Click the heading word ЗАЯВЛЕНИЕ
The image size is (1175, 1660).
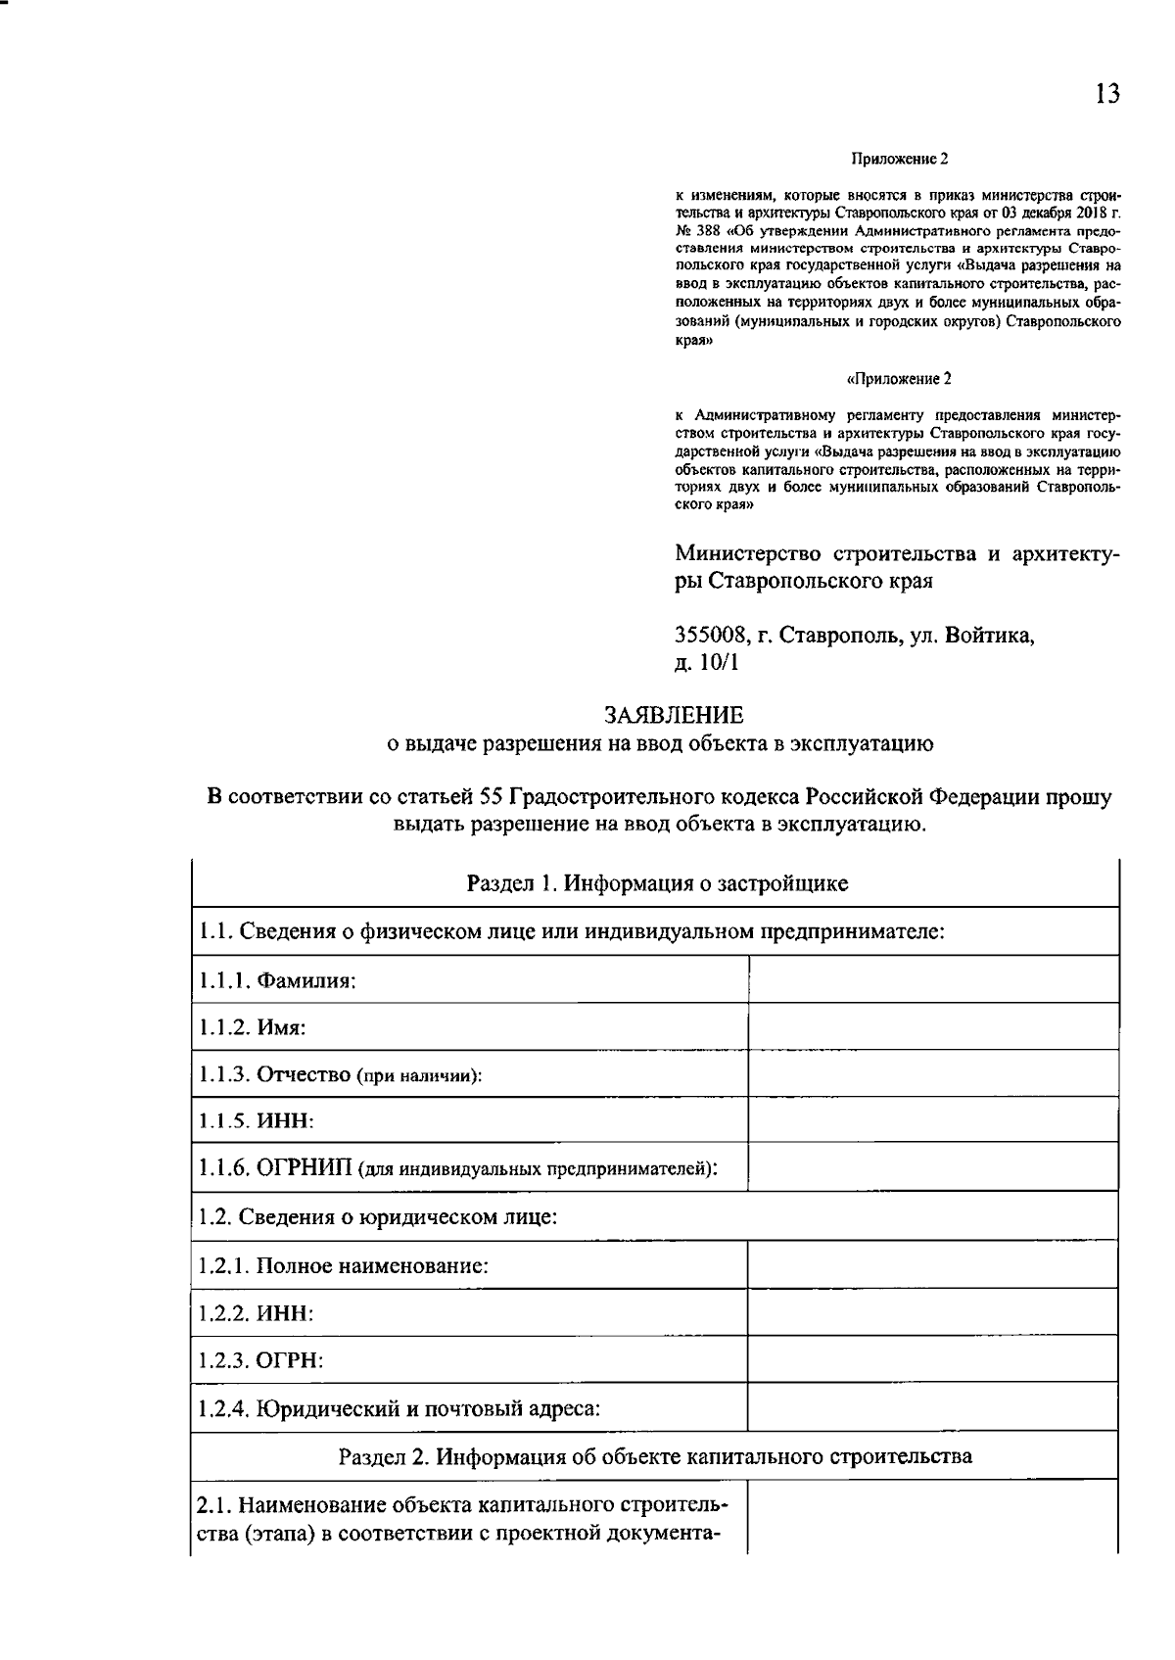click(x=673, y=716)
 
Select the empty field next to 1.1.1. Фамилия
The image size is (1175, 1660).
click(x=932, y=979)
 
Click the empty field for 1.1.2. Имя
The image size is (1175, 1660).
click(x=932, y=1026)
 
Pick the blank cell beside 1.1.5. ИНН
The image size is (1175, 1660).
click(x=932, y=1120)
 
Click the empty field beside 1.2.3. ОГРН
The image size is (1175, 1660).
click(x=932, y=1359)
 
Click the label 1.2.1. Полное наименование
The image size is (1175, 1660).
click(x=343, y=1265)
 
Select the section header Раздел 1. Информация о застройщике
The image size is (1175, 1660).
click(x=657, y=883)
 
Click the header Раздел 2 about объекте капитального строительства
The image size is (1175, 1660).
click(x=655, y=1455)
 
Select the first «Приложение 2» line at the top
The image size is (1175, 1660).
click(x=900, y=158)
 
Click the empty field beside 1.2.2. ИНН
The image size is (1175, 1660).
click(x=932, y=1312)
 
